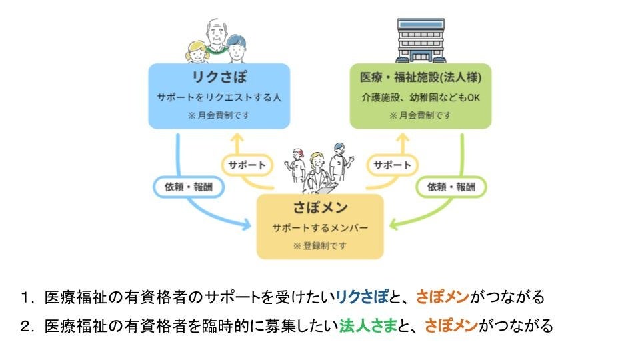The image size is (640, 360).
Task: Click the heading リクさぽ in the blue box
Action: [x=219, y=77]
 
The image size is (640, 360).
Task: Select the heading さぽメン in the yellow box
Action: [x=320, y=207]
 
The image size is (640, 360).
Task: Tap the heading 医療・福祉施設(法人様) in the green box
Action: [x=421, y=77]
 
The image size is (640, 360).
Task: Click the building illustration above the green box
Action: [x=421, y=40]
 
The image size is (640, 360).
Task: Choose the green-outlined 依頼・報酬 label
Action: [x=452, y=187]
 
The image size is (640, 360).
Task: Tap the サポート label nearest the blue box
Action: [x=247, y=165]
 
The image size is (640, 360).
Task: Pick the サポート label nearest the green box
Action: [x=392, y=165]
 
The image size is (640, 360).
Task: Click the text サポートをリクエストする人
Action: [x=219, y=97]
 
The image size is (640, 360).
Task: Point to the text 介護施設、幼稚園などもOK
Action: [x=421, y=97]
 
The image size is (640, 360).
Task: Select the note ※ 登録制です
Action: [x=320, y=245]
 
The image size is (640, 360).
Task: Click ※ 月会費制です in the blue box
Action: [x=219, y=115]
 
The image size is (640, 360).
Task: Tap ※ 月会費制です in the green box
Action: [x=421, y=115]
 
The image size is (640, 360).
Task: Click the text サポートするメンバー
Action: [x=320, y=227]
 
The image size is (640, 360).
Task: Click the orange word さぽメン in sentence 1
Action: [x=443, y=296]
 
